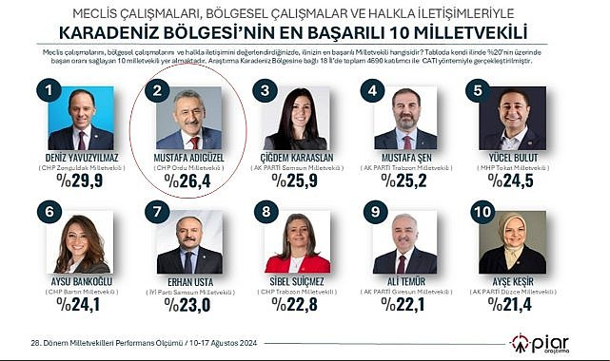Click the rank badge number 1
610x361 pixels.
click(x=40, y=91)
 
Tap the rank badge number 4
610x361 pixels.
click(x=376, y=91)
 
